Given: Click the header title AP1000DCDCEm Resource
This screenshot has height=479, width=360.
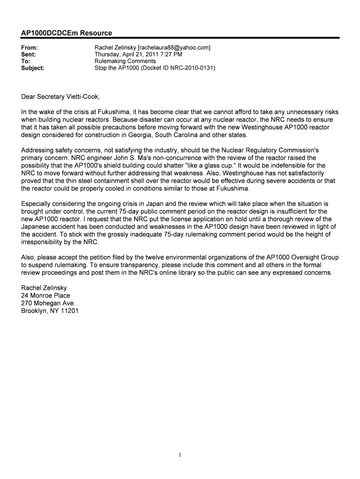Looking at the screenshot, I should (66, 33).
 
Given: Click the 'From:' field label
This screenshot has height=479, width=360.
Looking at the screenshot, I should (29, 48).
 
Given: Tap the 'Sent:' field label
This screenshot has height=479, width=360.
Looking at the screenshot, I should (29, 54).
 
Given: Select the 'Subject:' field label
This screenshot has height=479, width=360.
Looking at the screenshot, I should (33, 68).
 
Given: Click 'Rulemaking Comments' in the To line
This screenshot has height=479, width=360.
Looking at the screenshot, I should (125, 61).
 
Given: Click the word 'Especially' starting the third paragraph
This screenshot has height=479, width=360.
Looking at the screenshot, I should (37, 204).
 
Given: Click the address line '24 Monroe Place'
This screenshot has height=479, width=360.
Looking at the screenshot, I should (45, 296).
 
